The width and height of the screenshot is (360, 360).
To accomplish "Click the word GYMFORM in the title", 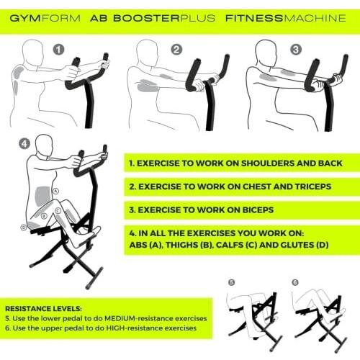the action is click(x=45, y=18).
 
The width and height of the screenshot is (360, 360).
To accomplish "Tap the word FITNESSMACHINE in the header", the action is click(x=286, y=18).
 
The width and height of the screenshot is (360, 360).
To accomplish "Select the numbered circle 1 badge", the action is click(x=59, y=50).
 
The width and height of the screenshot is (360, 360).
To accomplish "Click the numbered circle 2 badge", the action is click(x=176, y=50).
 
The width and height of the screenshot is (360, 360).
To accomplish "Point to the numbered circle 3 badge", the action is click(x=296, y=50).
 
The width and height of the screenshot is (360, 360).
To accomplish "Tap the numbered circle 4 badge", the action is click(x=24, y=144).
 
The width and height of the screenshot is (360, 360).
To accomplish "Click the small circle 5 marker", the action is click(x=231, y=282).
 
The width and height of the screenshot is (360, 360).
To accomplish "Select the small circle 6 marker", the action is click(x=295, y=282).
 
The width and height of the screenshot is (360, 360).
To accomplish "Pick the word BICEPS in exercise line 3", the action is click(x=258, y=210).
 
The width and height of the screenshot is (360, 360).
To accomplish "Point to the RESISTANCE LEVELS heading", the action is click(x=43, y=309).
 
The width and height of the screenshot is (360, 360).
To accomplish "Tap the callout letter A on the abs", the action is click(x=55, y=191).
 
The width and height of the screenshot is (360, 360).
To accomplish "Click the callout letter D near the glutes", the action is click(x=23, y=227).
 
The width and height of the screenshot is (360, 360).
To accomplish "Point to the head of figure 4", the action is click(x=44, y=145).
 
